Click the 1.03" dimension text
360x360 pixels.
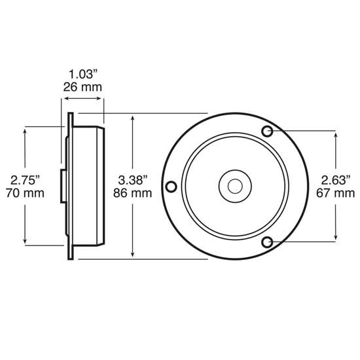[x=82, y=74]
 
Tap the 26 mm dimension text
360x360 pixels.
[x=82, y=86]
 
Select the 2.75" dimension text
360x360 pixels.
[x=24, y=179]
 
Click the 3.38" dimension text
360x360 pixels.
[x=134, y=179]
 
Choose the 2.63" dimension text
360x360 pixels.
[x=336, y=179]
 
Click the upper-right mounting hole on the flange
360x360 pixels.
[x=267, y=132]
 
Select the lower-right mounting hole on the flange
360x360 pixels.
[x=267, y=242]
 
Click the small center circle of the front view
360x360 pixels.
[x=234, y=187]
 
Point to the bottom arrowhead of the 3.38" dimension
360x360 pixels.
[x=134, y=255]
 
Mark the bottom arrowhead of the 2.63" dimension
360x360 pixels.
[x=336, y=239]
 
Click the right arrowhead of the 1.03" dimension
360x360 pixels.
[x=101, y=100]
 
